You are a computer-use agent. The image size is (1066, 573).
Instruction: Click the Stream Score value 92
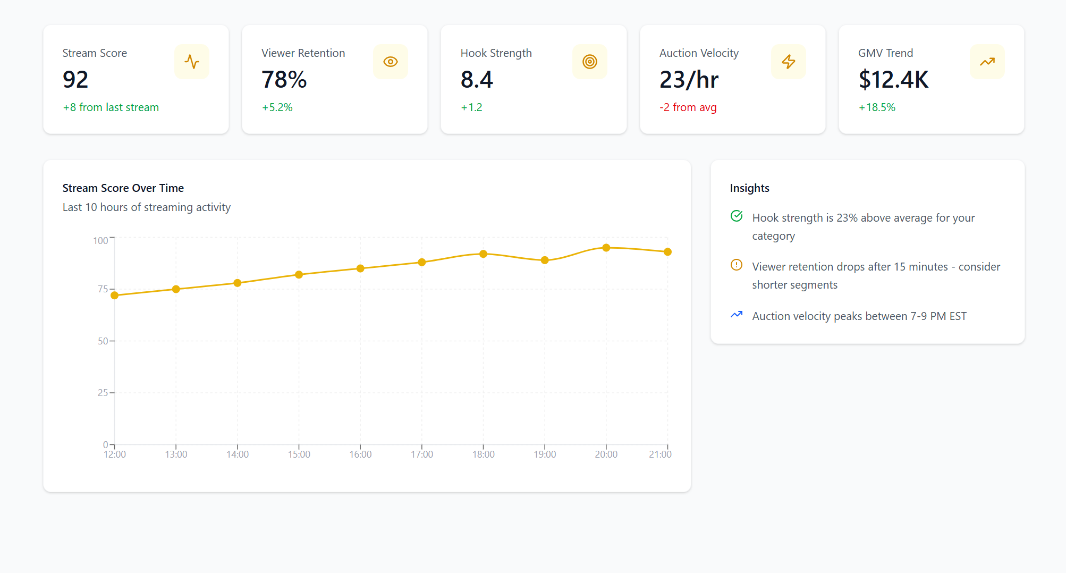pyautogui.click(x=75, y=80)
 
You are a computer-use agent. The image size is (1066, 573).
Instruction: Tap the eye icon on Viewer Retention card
pyautogui.click(x=391, y=62)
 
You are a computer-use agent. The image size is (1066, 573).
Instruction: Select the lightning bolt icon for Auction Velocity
pyautogui.click(x=789, y=62)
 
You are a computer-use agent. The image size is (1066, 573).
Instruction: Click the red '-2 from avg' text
pyautogui.click(x=688, y=107)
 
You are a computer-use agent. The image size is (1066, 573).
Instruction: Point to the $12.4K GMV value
pyautogui.click(x=893, y=80)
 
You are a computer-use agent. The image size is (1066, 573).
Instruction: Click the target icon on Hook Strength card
pyautogui.click(x=590, y=62)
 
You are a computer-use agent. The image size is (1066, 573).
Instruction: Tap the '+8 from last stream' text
pyautogui.click(x=111, y=107)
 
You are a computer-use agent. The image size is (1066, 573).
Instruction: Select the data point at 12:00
pyautogui.click(x=115, y=295)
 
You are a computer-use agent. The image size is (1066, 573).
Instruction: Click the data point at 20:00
pyautogui.click(x=606, y=248)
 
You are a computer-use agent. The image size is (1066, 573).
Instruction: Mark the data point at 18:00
pyautogui.click(x=483, y=254)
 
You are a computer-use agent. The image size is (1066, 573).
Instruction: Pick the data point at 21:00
pyautogui.click(x=667, y=252)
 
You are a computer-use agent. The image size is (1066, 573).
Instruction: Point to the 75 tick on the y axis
pyautogui.click(x=103, y=289)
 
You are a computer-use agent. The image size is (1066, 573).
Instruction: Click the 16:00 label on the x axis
pyautogui.click(x=360, y=454)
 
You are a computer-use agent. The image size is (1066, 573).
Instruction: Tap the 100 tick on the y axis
pyautogui.click(x=100, y=241)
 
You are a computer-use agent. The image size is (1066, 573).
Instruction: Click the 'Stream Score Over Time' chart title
pyautogui.click(x=123, y=188)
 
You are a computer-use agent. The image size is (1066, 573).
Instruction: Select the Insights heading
pyautogui.click(x=749, y=188)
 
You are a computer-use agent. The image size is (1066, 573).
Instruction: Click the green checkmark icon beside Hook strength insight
pyautogui.click(x=737, y=216)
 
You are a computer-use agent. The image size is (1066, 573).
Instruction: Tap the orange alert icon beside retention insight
pyautogui.click(x=737, y=265)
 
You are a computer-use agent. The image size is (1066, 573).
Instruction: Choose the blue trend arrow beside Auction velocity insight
pyautogui.click(x=737, y=315)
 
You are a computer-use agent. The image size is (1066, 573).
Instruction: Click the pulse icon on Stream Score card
pyautogui.click(x=192, y=62)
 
